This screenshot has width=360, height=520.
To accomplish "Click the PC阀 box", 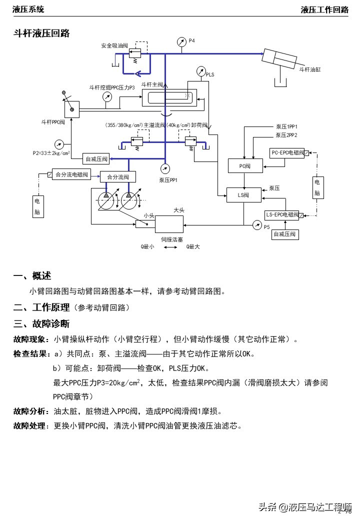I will [x=244, y=166].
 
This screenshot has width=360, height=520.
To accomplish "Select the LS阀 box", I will [x=244, y=194].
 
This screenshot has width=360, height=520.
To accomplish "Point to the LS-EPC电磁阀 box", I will [x=282, y=215].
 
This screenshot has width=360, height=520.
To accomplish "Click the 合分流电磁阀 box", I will [x=71, y=174].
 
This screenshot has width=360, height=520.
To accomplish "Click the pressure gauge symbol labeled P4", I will [x=182, y=42].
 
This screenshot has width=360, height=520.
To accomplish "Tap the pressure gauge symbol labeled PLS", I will [x=201, y=71].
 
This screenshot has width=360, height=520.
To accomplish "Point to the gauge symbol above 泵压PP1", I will [x=164, y=168].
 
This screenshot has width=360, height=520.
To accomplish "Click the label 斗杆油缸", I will [x=309, y=69].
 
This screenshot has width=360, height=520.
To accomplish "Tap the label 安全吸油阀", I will [x=114, y=45].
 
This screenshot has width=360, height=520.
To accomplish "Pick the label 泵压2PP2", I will [x=286, y=135].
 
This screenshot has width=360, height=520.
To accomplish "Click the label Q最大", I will [x=193, y=246].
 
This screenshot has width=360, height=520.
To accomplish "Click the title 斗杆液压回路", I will [x=41, y=33].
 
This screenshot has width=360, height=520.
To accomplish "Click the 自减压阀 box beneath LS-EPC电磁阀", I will [x=285, y=233].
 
